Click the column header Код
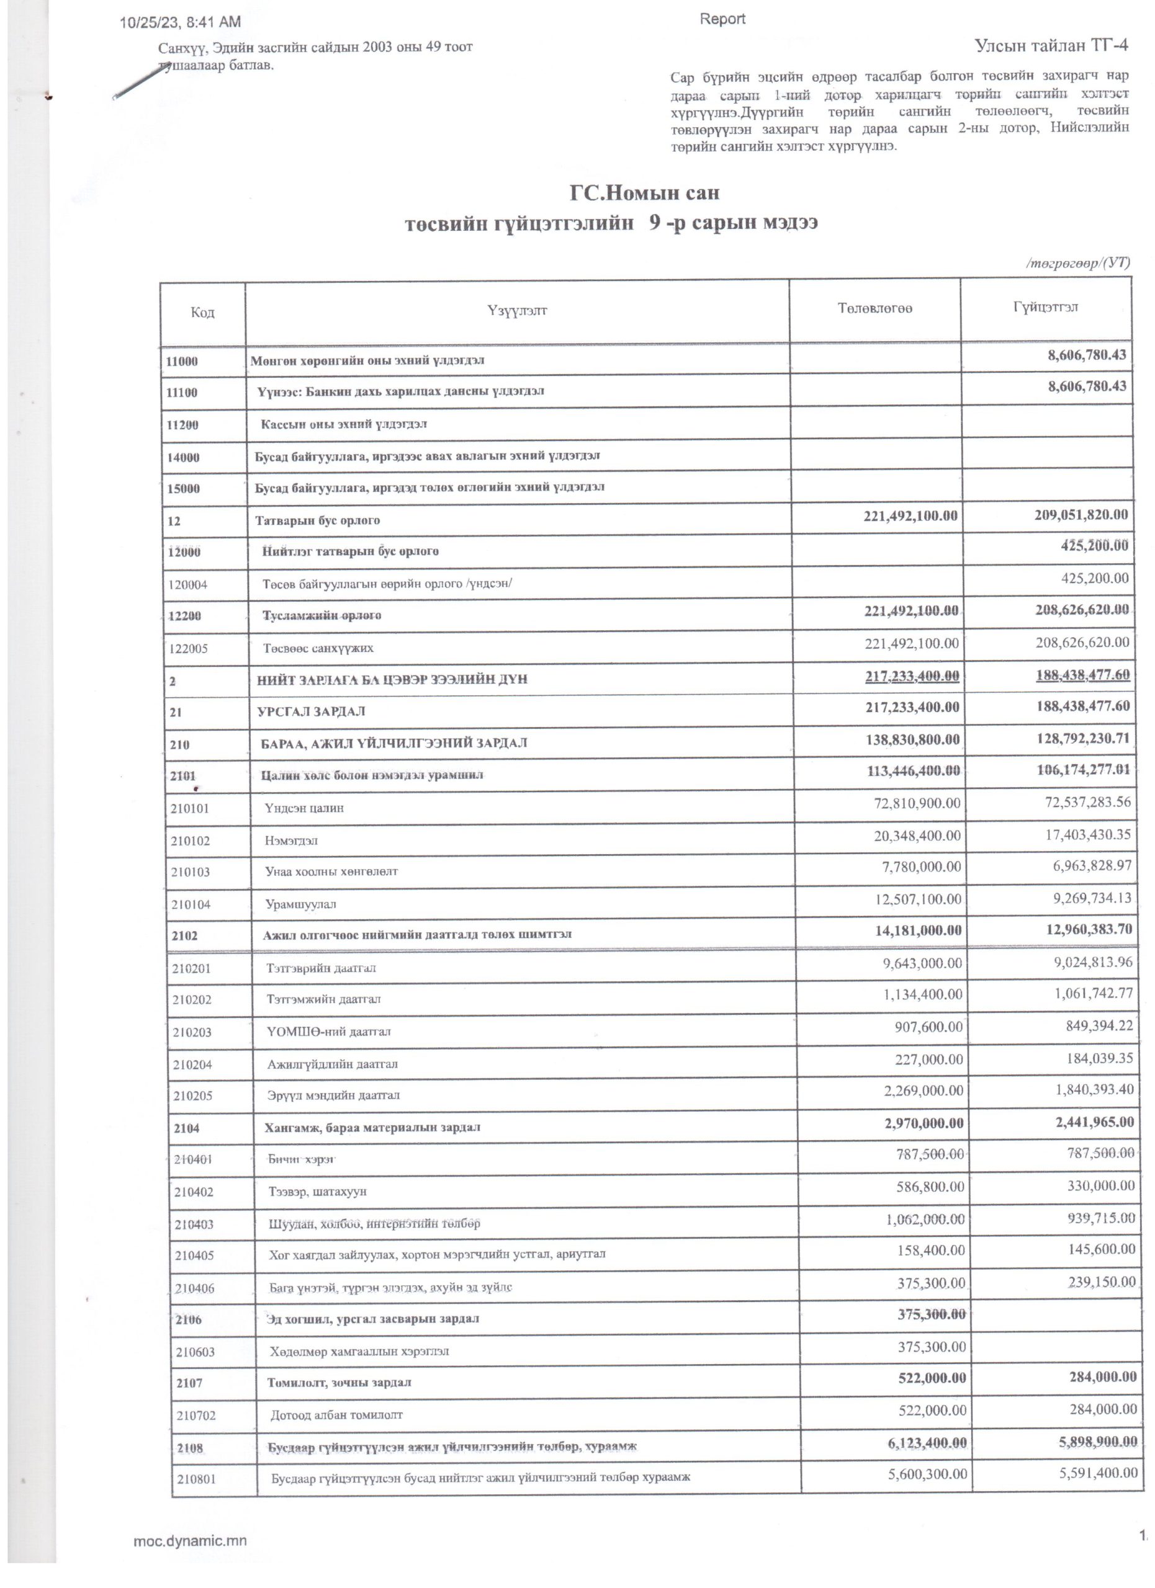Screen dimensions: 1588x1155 pyautogui.click(x=202, y=312)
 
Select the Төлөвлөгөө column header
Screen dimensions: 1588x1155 pyautogui.click(x=874, y=309)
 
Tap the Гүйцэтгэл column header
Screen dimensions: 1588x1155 pyautogui.click(x=1045, y=308)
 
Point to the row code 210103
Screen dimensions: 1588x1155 pyautogui.click(x=191, y=872)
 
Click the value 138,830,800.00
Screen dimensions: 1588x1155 pyautogui.click(x=913, y=739)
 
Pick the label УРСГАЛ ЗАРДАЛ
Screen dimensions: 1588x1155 pyautogui.click(x=312, y=711)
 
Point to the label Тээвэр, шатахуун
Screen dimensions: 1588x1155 pyautogui.click(x=317, y=1191)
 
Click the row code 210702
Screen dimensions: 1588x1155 pyautogui.click(x=196, y=1415)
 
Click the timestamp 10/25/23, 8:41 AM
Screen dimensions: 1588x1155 pyautogui.click(x=180, y=22)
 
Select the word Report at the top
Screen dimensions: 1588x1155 pyautogui.click(x=722, y=19)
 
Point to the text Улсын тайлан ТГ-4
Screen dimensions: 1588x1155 pyautogui.click(x=1051, y=45)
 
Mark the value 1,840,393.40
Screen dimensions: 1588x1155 pyautogui.click(x=1094, y=1090)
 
